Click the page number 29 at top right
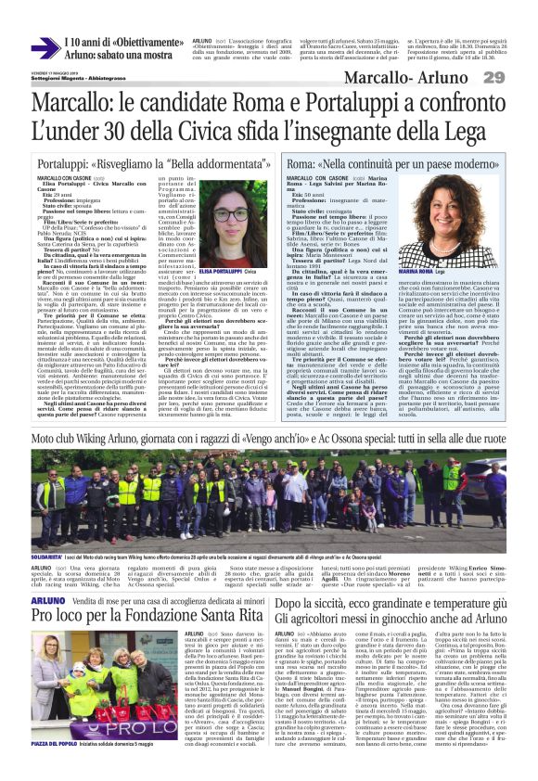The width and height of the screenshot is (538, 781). tap(518, 76)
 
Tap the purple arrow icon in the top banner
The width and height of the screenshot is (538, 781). tap(44, 48)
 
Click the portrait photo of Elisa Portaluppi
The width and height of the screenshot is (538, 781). tap(224, 224)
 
